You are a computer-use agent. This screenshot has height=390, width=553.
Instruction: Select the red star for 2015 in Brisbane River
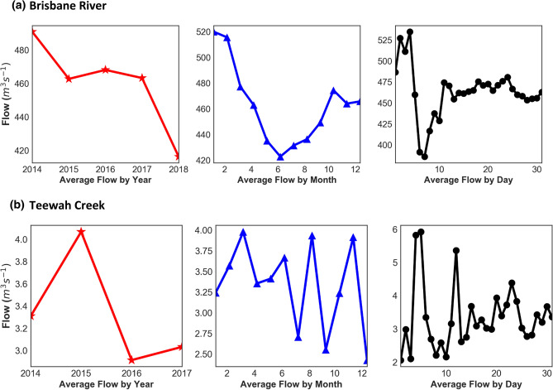click(69, 79)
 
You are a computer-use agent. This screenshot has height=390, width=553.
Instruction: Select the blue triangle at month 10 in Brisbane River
click(333, 91)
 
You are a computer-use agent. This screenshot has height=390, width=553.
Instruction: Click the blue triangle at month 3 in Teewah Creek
click(242, 233)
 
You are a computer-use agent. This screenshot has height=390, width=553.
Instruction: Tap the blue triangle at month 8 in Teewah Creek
click(312, 236)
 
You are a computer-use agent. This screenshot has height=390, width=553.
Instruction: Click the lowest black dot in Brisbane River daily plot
click(425, 156)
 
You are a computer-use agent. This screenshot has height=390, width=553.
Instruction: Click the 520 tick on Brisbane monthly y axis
click(201, 31)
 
